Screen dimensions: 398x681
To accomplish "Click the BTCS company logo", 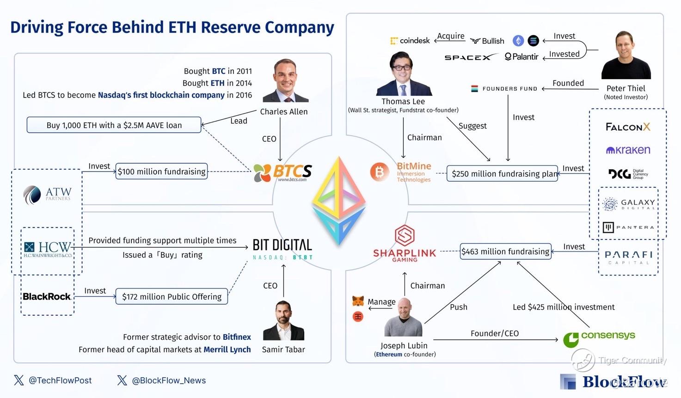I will point(282,172).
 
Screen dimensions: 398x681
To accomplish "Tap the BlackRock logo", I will point(47,296).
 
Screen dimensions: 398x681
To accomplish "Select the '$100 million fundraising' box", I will point(161,171).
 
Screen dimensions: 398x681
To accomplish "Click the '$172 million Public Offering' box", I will point(172,297).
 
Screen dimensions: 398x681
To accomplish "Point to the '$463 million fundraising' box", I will point(505,251).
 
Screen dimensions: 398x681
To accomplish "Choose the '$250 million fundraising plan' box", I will point(503,174).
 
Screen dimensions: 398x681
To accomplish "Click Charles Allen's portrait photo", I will point(285,81).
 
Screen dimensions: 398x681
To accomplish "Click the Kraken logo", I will point(628,150).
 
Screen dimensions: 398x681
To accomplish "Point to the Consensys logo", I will point(599,338).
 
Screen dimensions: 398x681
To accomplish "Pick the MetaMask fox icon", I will point(358,301).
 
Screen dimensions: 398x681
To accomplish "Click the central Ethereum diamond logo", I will point(339,201).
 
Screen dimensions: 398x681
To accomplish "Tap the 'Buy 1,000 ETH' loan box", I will point(114,125).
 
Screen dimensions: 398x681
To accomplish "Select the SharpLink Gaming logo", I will point(405,244).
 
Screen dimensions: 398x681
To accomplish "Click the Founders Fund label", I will point(504,89).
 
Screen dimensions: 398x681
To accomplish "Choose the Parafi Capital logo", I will point(628,257).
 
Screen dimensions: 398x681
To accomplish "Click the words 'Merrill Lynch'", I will point(227,349).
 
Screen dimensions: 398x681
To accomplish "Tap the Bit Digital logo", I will point(282,249).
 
